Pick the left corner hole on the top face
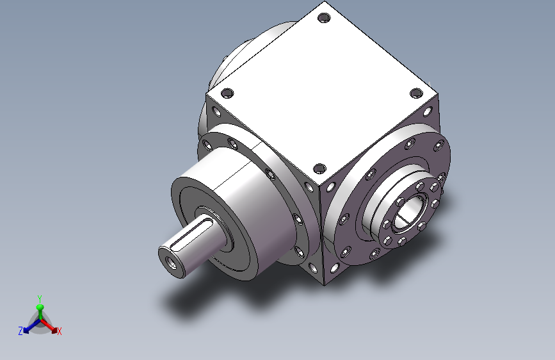(227, 94)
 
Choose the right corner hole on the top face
(416, 94)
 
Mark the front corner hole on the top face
(319, 169)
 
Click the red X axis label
(59, 331)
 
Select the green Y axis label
(40, 299)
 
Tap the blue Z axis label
(20, 331)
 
